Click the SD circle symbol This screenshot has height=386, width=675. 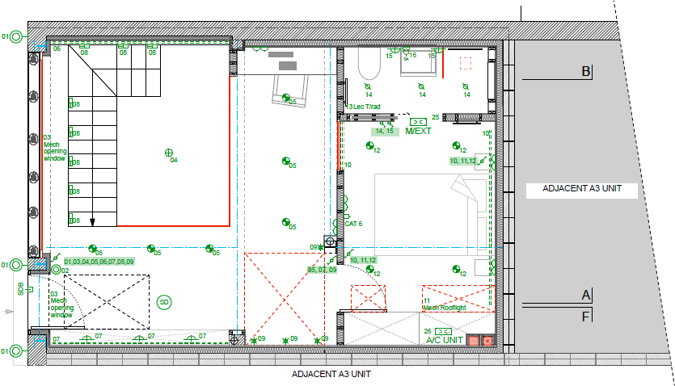pyautogui.click(x=164, y=301)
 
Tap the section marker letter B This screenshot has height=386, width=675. pyautogui.click(x=586, y=72)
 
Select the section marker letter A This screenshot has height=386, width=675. pyautogui.click(x=586, y=295)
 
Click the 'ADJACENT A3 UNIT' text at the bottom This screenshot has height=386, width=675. pyautogui.click(x=331, y=375)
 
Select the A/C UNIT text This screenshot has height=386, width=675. pyautogui.click(x=444, y=341)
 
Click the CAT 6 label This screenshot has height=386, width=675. pyautogui.click(x=354, y=224)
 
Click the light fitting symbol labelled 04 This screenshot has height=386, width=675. pyautogui.click(x=169, y=152)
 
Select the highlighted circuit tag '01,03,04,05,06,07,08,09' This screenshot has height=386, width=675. pyautogui.click(x=99, y=262)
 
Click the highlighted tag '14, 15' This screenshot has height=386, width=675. pyautogui.click(x=384, y=131)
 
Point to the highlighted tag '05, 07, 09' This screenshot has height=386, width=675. pyautogui.click(x=322, y=269)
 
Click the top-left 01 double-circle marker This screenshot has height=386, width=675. pyautogui.click(x=15, y=36)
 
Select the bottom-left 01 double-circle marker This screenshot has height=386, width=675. pyautogui.click(x=15, y=351)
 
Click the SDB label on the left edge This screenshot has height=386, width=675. pyautogui.click(x=20, y=288)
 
